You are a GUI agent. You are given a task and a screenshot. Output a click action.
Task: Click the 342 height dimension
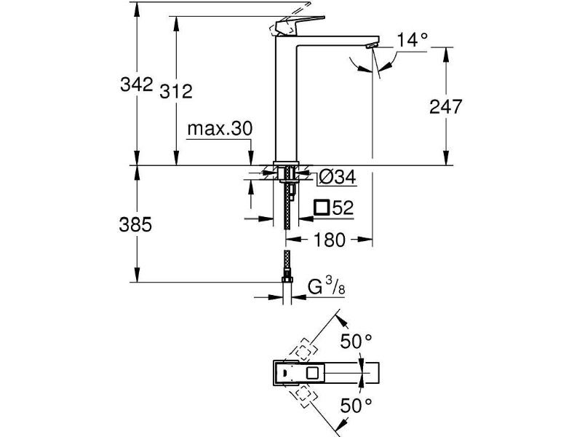tap(137, 84)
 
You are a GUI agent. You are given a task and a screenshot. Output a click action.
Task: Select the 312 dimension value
tap(176, 92)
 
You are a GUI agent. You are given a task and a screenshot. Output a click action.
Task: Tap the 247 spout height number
tap(446, 106)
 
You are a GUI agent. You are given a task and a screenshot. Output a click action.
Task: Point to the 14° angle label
tap(412, 40)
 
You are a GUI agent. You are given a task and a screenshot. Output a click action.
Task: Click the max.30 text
tap(220, 129)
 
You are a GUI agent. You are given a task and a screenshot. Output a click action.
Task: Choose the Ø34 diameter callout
tap(337, 177)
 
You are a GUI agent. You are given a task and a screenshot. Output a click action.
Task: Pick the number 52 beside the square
tap(343, 208)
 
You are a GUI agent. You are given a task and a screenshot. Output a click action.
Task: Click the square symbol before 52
tap(322, 208)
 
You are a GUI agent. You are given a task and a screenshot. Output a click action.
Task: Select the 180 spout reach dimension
tap(330, 240)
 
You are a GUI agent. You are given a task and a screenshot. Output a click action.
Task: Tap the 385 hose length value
tap(135, 225)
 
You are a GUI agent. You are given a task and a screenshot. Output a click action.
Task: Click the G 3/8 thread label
tap(327, 286)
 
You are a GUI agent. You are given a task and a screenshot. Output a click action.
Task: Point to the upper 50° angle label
tap(356, 342)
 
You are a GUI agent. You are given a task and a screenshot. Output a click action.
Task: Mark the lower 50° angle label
tap(356, 406)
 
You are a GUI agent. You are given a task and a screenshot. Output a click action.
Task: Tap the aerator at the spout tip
tap(372, 45)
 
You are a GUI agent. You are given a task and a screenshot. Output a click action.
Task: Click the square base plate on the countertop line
tap(286, 163)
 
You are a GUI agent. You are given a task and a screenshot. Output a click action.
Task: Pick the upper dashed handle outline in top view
tap(303, 350)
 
